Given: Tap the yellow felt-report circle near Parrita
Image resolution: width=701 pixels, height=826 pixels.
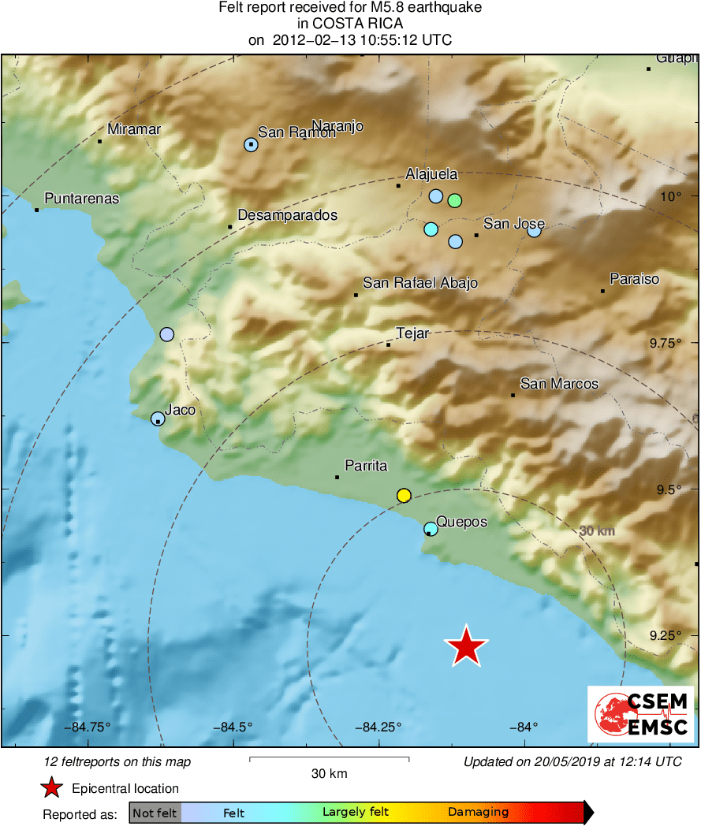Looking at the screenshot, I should coord(404,495).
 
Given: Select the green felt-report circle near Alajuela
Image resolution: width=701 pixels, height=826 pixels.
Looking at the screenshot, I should coord(454,200).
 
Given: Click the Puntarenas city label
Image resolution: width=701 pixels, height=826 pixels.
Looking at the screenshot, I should coord(82,199).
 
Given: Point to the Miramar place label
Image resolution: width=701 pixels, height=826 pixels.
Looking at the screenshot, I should coord(134,130).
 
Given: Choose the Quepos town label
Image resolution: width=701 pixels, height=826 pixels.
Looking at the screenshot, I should coord(461,522).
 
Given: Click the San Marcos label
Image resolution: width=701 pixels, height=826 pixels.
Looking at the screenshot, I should coord(559,384).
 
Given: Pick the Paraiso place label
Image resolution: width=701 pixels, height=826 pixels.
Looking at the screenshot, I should coord(634,279).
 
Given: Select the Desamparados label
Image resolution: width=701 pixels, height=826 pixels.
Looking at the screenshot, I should coord(287,215).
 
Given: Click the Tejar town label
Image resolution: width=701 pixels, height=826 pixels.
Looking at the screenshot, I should coord(412,333).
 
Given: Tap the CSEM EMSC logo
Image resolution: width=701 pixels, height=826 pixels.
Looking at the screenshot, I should coord(641,714).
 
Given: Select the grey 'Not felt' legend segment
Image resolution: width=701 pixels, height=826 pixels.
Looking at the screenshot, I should coord(155,812).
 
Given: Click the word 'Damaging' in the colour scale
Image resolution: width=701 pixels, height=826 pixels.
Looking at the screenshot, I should coord(478,812).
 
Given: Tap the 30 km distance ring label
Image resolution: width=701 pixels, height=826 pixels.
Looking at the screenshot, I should coord(597,531).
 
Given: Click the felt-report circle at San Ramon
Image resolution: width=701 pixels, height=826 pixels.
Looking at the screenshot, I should coord(251,144).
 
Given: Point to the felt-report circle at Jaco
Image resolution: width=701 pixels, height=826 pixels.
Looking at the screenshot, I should coord(158,419).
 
